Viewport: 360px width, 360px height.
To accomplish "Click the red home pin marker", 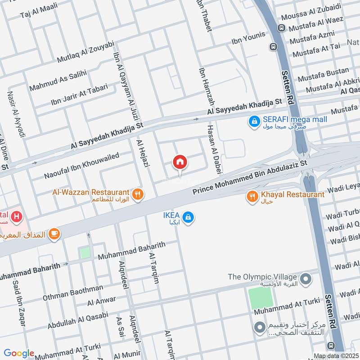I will click(180, 162).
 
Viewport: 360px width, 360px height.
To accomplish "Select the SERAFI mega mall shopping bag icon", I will click(254, 121).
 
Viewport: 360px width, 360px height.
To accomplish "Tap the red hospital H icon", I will click(17, 217).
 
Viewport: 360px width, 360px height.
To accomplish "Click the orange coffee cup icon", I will click(55, 233).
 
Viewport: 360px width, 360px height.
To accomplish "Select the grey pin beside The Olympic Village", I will click(306, 279).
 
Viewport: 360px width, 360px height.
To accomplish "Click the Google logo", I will click(19, 353).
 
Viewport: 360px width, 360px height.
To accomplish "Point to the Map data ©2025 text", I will click(335, 355).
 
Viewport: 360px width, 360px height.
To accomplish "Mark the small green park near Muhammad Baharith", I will click(85, 253).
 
